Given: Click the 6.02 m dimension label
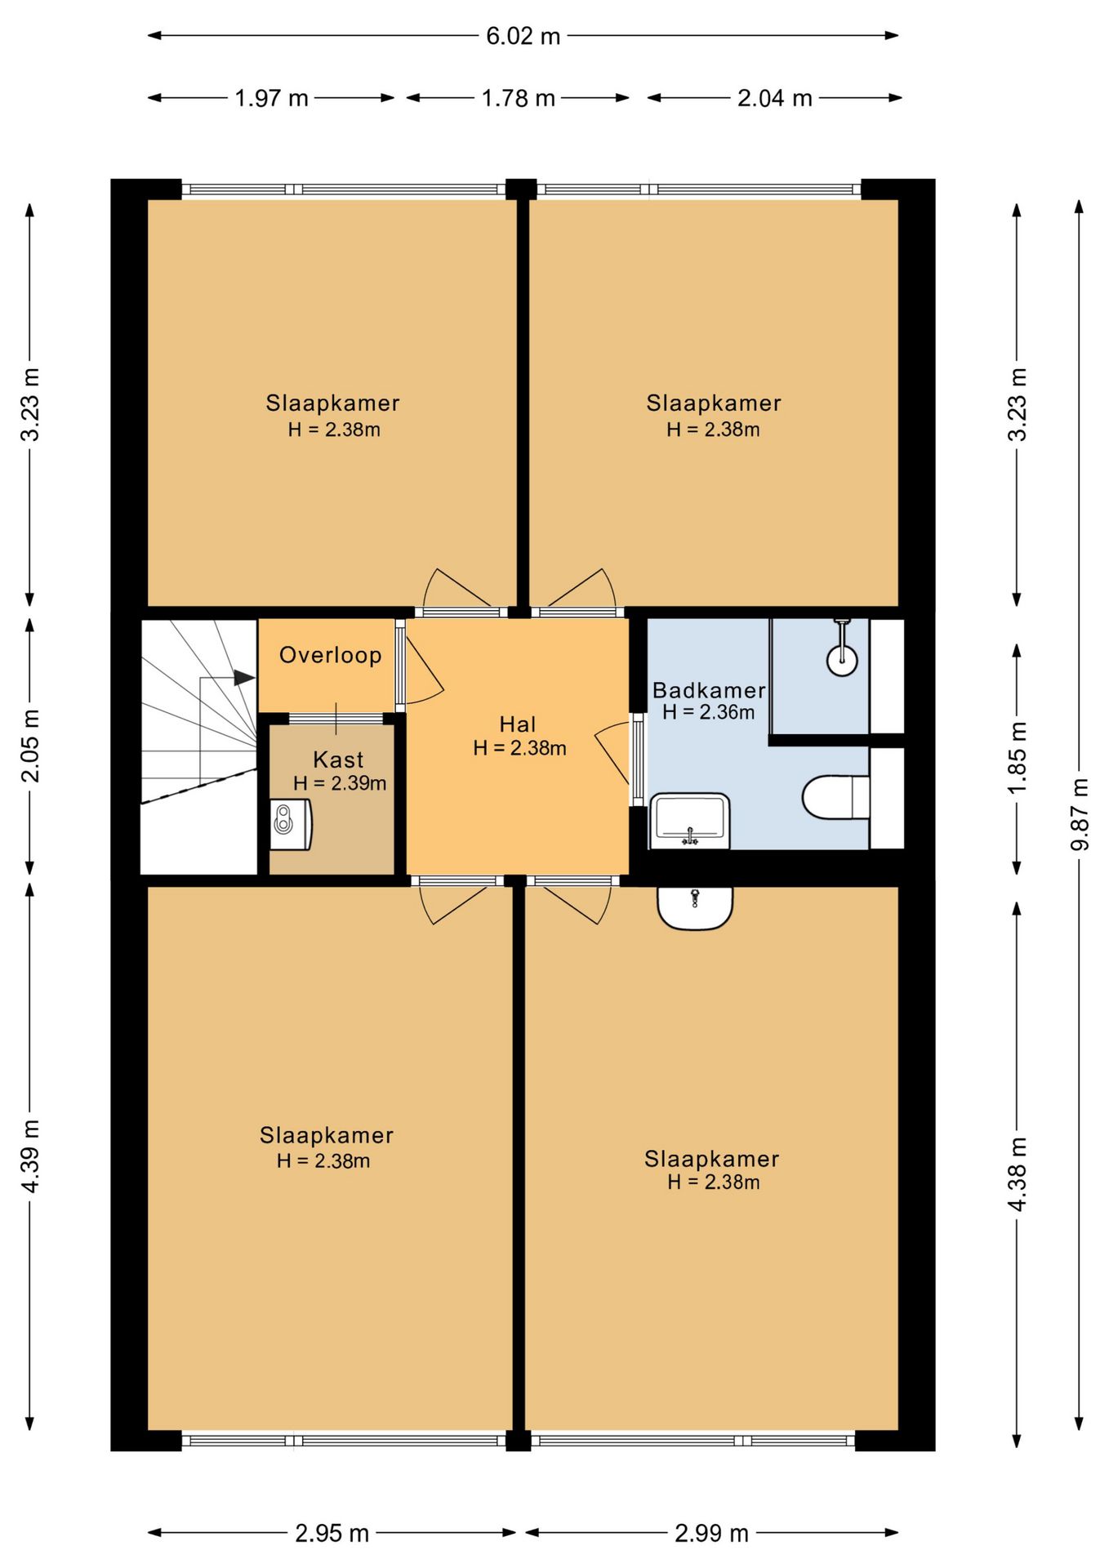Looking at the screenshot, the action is click(x=523, y=36).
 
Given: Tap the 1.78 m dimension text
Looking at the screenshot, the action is click(x=518, y=98).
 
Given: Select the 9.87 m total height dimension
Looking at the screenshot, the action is click(x=1080, y=814).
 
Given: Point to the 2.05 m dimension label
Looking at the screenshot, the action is click(x=30, y=746).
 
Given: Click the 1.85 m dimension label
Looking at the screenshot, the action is click(x=1018, y=758).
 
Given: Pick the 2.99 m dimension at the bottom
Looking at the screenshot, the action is click(x=711, y=1533).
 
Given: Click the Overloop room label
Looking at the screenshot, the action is click(x=330, y=655).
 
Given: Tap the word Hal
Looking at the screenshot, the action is click(x=518, y=724).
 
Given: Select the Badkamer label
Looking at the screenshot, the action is click(x=709, y=690).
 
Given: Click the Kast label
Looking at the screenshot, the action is click(x=338, y=759).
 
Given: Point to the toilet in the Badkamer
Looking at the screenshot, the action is click(x=835, y=797).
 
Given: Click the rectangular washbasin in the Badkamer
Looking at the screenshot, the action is click(x=690, y=820).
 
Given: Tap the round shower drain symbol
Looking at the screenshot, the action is click(x=842, y=660).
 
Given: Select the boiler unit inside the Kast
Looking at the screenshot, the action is click(x=291, y=824).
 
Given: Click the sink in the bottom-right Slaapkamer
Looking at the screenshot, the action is click(x=695, y=908).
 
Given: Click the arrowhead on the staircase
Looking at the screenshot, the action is click(x=244, y=678).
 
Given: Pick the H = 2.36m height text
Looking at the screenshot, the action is click(x=708, y=712).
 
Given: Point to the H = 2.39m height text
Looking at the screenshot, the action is click(x=340, y=783).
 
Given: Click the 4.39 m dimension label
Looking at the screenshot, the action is click(x=30, y=1156).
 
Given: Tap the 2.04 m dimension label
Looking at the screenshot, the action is click(x=774, y=98).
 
